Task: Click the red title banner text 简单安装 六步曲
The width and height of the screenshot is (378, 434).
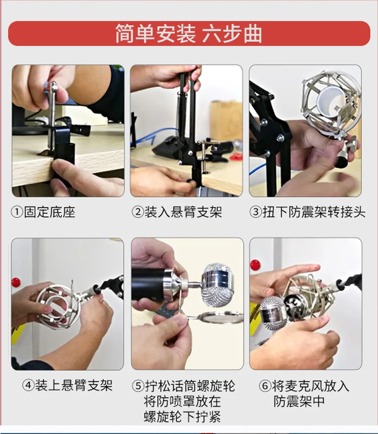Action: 189,33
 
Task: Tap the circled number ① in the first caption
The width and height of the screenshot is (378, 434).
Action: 17,212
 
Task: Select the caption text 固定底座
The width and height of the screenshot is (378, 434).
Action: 50,212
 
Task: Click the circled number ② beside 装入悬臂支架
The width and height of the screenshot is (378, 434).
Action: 137,212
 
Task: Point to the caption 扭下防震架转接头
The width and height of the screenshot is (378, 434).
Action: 314,212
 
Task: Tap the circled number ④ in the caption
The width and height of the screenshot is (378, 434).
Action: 28,385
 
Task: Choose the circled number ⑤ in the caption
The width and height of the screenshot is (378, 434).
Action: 138,386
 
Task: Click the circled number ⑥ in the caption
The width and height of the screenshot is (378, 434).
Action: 265,386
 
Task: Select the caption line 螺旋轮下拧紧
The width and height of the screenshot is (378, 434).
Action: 182,417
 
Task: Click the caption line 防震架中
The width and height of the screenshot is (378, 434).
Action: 299,401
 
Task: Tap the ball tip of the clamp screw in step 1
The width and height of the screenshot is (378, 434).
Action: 54,86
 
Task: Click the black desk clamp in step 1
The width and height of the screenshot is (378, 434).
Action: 64,147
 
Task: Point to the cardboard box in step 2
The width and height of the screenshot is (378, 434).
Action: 226,120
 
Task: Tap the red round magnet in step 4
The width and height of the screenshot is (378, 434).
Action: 16,282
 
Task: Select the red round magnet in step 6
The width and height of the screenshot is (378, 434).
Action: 255,265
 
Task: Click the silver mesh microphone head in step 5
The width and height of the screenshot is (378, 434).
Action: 218,285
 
